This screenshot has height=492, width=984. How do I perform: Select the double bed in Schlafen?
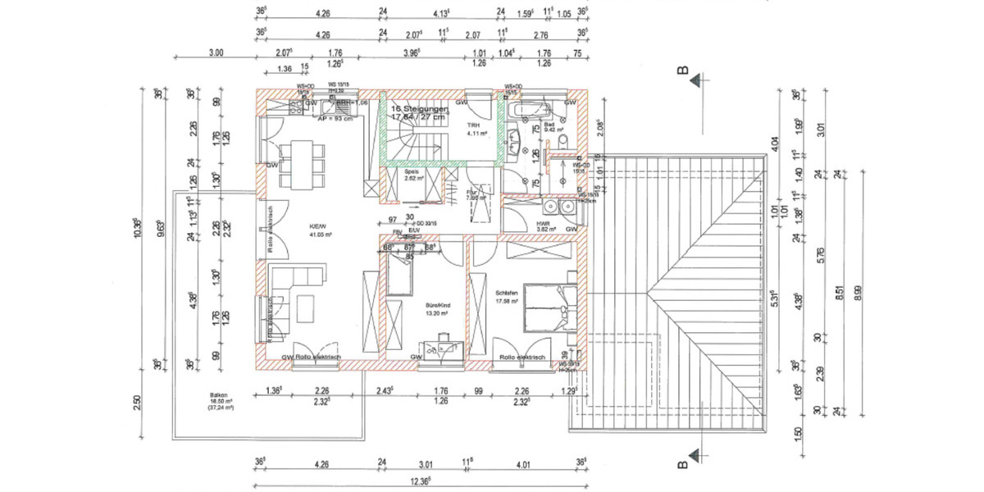[549, 307]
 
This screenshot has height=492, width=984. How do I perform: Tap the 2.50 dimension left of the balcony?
[138, 403]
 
